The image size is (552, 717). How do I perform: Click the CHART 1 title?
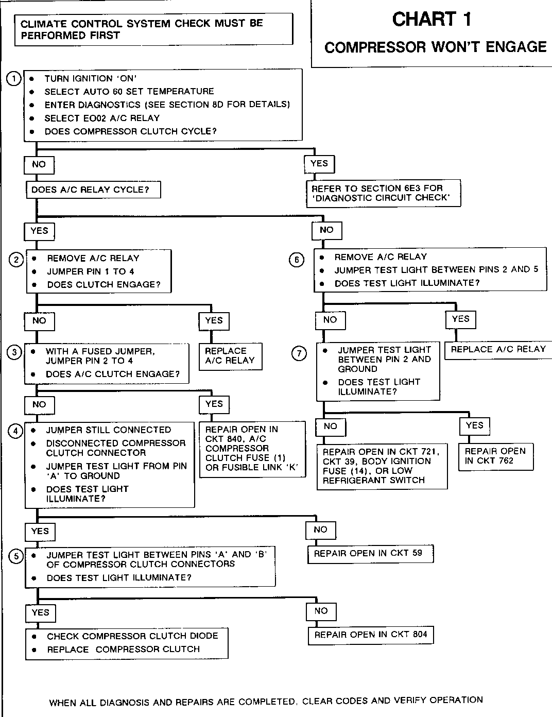tap(432, 20)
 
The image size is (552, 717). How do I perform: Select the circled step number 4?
tap(16, 431)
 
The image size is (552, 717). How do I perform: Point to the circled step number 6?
tap(297, 260)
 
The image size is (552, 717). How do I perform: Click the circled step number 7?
tap(299, 353)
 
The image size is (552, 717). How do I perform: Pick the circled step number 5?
tap(17, 556)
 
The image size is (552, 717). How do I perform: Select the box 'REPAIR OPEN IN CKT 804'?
tap(371, 635)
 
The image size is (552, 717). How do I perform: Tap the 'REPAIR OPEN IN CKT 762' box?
tap(495, 456)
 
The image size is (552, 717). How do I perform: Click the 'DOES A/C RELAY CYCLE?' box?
tap(93, 190)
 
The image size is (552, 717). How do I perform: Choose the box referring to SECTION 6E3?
tap(383, 193)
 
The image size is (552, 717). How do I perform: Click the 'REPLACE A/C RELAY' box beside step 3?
tap(230, 356)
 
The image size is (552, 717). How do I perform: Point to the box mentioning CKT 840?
tap(252, 449)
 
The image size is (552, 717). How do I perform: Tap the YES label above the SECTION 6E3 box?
tap(319, 163)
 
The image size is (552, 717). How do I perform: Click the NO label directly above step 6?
tap(326, 230)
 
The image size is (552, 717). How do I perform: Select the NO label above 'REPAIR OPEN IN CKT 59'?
tap(320, 530)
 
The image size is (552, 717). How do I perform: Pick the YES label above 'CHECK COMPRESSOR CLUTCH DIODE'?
tap(40, 612)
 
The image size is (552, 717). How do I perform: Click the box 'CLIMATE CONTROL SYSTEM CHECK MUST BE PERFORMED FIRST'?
tap(153, 29)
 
